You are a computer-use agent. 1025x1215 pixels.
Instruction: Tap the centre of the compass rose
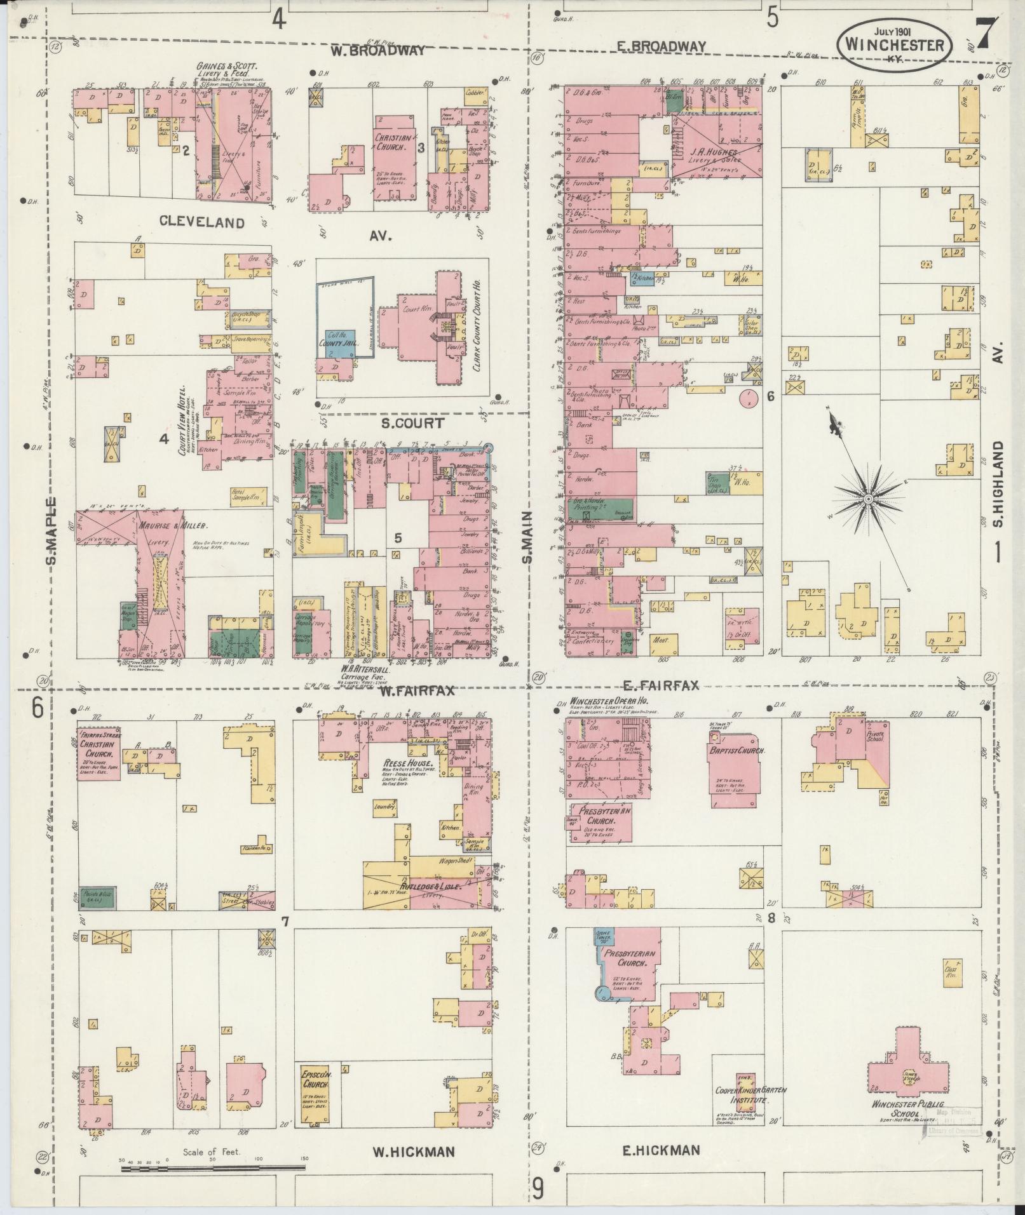click(867, 500)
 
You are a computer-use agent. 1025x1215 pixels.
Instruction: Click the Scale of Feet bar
click(213, 1166)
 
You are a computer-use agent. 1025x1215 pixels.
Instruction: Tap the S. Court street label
click(412, 423)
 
